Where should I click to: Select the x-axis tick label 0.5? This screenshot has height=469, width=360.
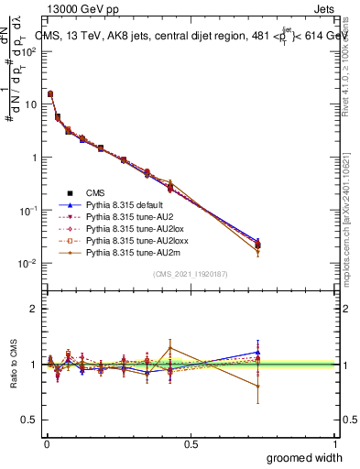click(191, 444)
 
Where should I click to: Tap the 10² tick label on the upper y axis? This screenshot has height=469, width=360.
click(27, 51)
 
